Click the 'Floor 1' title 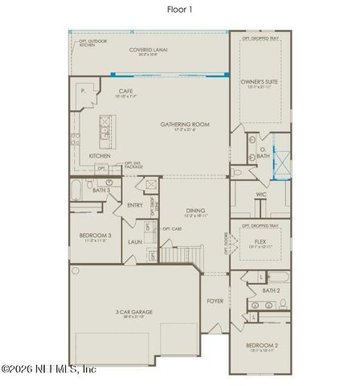pyautogui.click(x=180, y=9)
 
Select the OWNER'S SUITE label pyautogui.click(x=260, y=82)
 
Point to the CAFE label pyautogui.click(x=125, y=92)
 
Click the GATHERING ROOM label pyautogui.click(x=184, y=125)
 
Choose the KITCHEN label pyautogui.click(x=100, y=155)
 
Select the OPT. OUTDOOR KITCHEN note pyautogui.click(x=92, y=43)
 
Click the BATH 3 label pyautogui.click(x=100, y=190)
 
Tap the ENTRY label pyautogui.click(x=135, y=205)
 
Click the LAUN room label pyautogui.click(x=134, y=241)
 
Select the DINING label pyautogui.click(x=196, y=211)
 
